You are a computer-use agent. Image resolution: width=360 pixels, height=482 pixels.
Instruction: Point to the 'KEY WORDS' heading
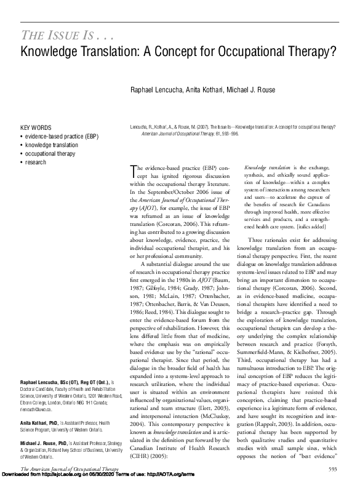(36, 127)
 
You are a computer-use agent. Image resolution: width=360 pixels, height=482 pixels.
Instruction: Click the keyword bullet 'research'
(35, 162)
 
